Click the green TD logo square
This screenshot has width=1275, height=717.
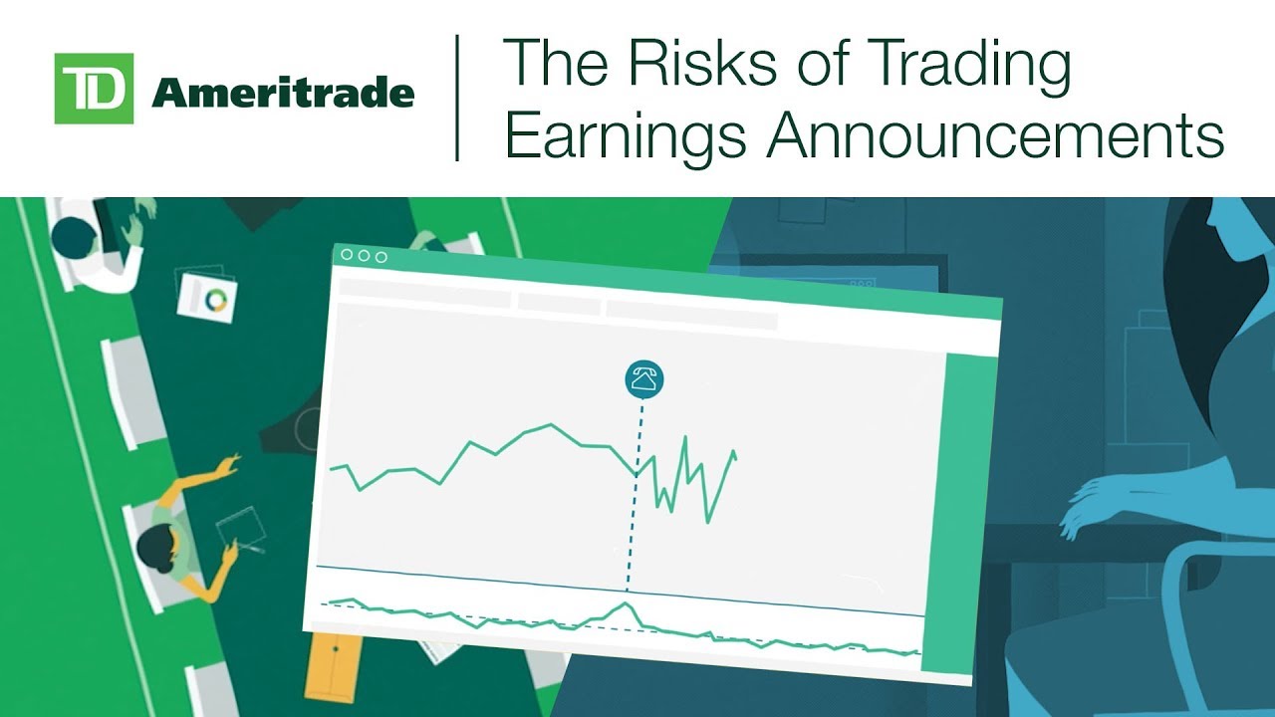[x=94, y=89]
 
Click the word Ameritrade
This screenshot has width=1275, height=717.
[x=283, y=94]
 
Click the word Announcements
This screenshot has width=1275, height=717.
[x=995, y=136]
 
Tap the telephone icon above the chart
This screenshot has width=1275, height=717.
[x=644, y=379]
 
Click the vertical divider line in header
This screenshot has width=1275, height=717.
[x=457, y=98]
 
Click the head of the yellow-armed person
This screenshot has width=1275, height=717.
[x=155, y=547]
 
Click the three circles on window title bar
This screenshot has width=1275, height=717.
[x=364, y=256]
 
